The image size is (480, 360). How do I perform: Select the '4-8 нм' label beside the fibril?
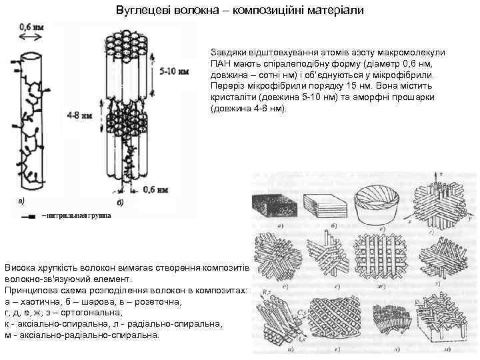[x=79, y=115]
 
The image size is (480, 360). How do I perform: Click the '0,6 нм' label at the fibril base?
[x=153, y=190]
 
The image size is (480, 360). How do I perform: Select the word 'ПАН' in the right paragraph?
[x=221, y=64]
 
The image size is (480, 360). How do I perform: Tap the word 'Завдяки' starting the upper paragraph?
[x=227, y=52]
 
